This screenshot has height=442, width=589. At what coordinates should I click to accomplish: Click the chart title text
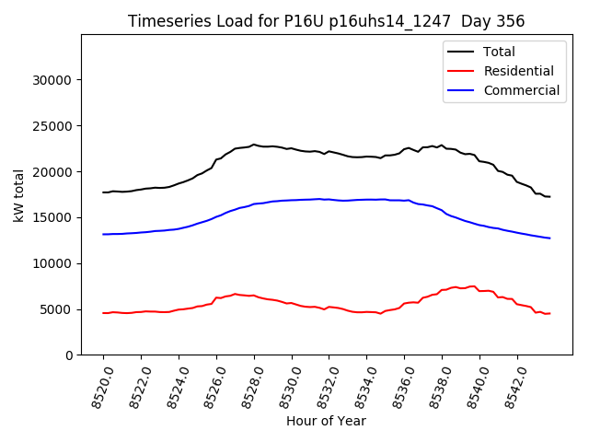click(x=327, y=21)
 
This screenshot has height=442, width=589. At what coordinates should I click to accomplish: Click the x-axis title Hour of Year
click(x=326, y=421)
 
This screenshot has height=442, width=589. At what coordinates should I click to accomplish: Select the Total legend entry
click(x=499, y=52)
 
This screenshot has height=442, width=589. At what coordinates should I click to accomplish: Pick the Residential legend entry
click(x=518, y=71)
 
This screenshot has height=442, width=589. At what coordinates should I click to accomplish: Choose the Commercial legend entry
click(x=521, y=90)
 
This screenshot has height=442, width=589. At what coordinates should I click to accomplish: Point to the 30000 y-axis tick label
click(x=52, y=80)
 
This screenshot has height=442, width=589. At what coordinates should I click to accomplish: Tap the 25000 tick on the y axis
click(x=52, y=126)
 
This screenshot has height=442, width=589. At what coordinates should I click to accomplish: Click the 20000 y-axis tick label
click(x=52, y=172)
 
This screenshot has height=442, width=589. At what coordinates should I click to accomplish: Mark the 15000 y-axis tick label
click(x=52, y=217)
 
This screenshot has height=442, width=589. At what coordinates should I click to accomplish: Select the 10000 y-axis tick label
click(x=52, y=263)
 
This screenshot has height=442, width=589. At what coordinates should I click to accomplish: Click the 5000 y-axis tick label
click(x=56, y=309)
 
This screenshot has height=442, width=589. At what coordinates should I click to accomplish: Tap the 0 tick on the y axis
click(x=69, y=355)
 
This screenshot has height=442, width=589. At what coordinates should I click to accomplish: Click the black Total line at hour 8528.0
click(x=254, y=145)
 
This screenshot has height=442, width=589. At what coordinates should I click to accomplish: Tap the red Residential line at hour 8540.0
click(x=479, y=291)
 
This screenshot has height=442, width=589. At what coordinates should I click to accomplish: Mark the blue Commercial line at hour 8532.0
click(x=329, y=200)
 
